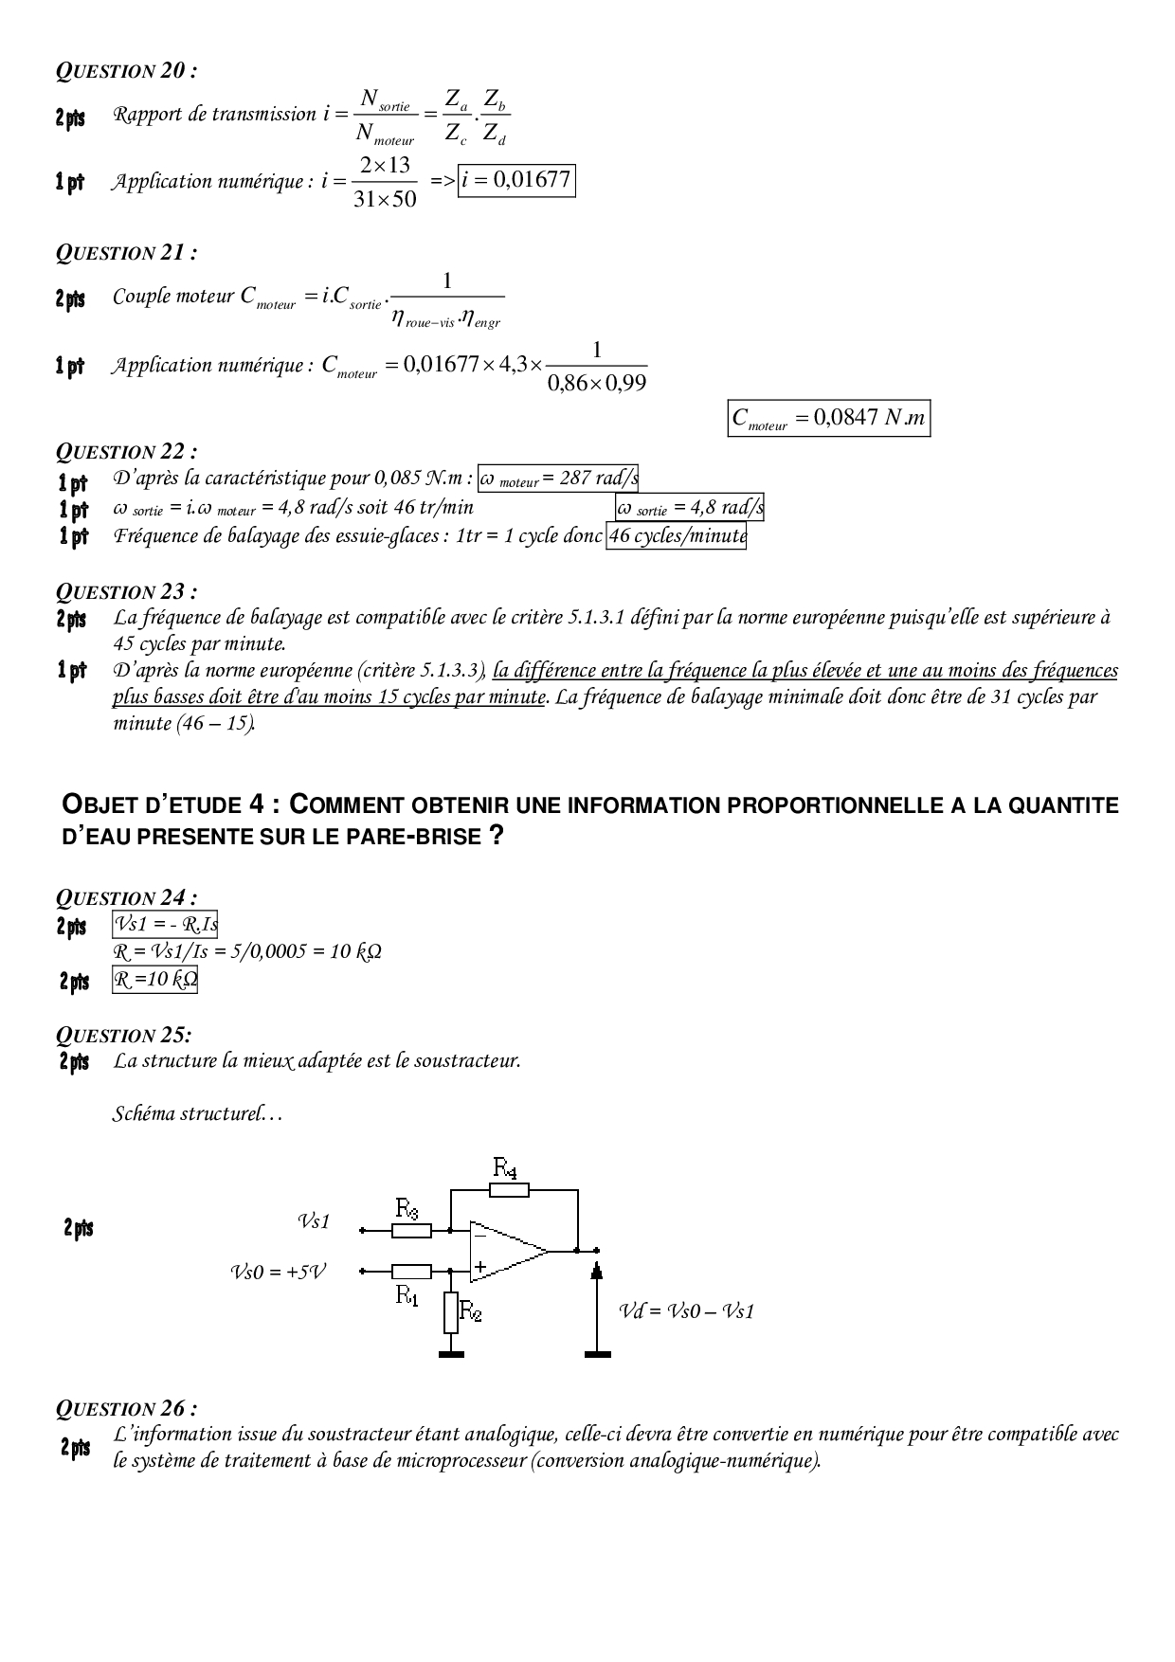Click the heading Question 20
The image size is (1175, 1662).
(x=127, y=71)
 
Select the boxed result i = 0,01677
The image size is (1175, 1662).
(x=516, y=181)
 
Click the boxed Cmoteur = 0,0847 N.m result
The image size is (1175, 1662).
(x=829, y=419)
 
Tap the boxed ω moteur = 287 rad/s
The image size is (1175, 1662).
(x=558, y=479)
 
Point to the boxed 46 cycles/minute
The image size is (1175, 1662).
(x=677, y=536)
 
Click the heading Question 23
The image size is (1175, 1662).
(x=127, y=592)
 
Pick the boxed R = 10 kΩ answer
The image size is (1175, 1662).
(x=155, y=979)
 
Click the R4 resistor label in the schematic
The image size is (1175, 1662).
(x=505, y=1167)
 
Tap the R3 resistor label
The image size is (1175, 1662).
(x=407, y=1208)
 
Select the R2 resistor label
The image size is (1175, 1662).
(x=471, y=1310)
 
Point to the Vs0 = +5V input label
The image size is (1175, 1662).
(x=278, y=1272)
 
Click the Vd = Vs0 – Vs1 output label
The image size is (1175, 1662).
(x=687, y=1311)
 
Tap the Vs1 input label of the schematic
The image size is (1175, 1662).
(x=314, y=1221)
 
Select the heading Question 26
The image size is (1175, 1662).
(x=127, y=1409)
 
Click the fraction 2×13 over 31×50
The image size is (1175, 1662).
(x=384, y=182)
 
